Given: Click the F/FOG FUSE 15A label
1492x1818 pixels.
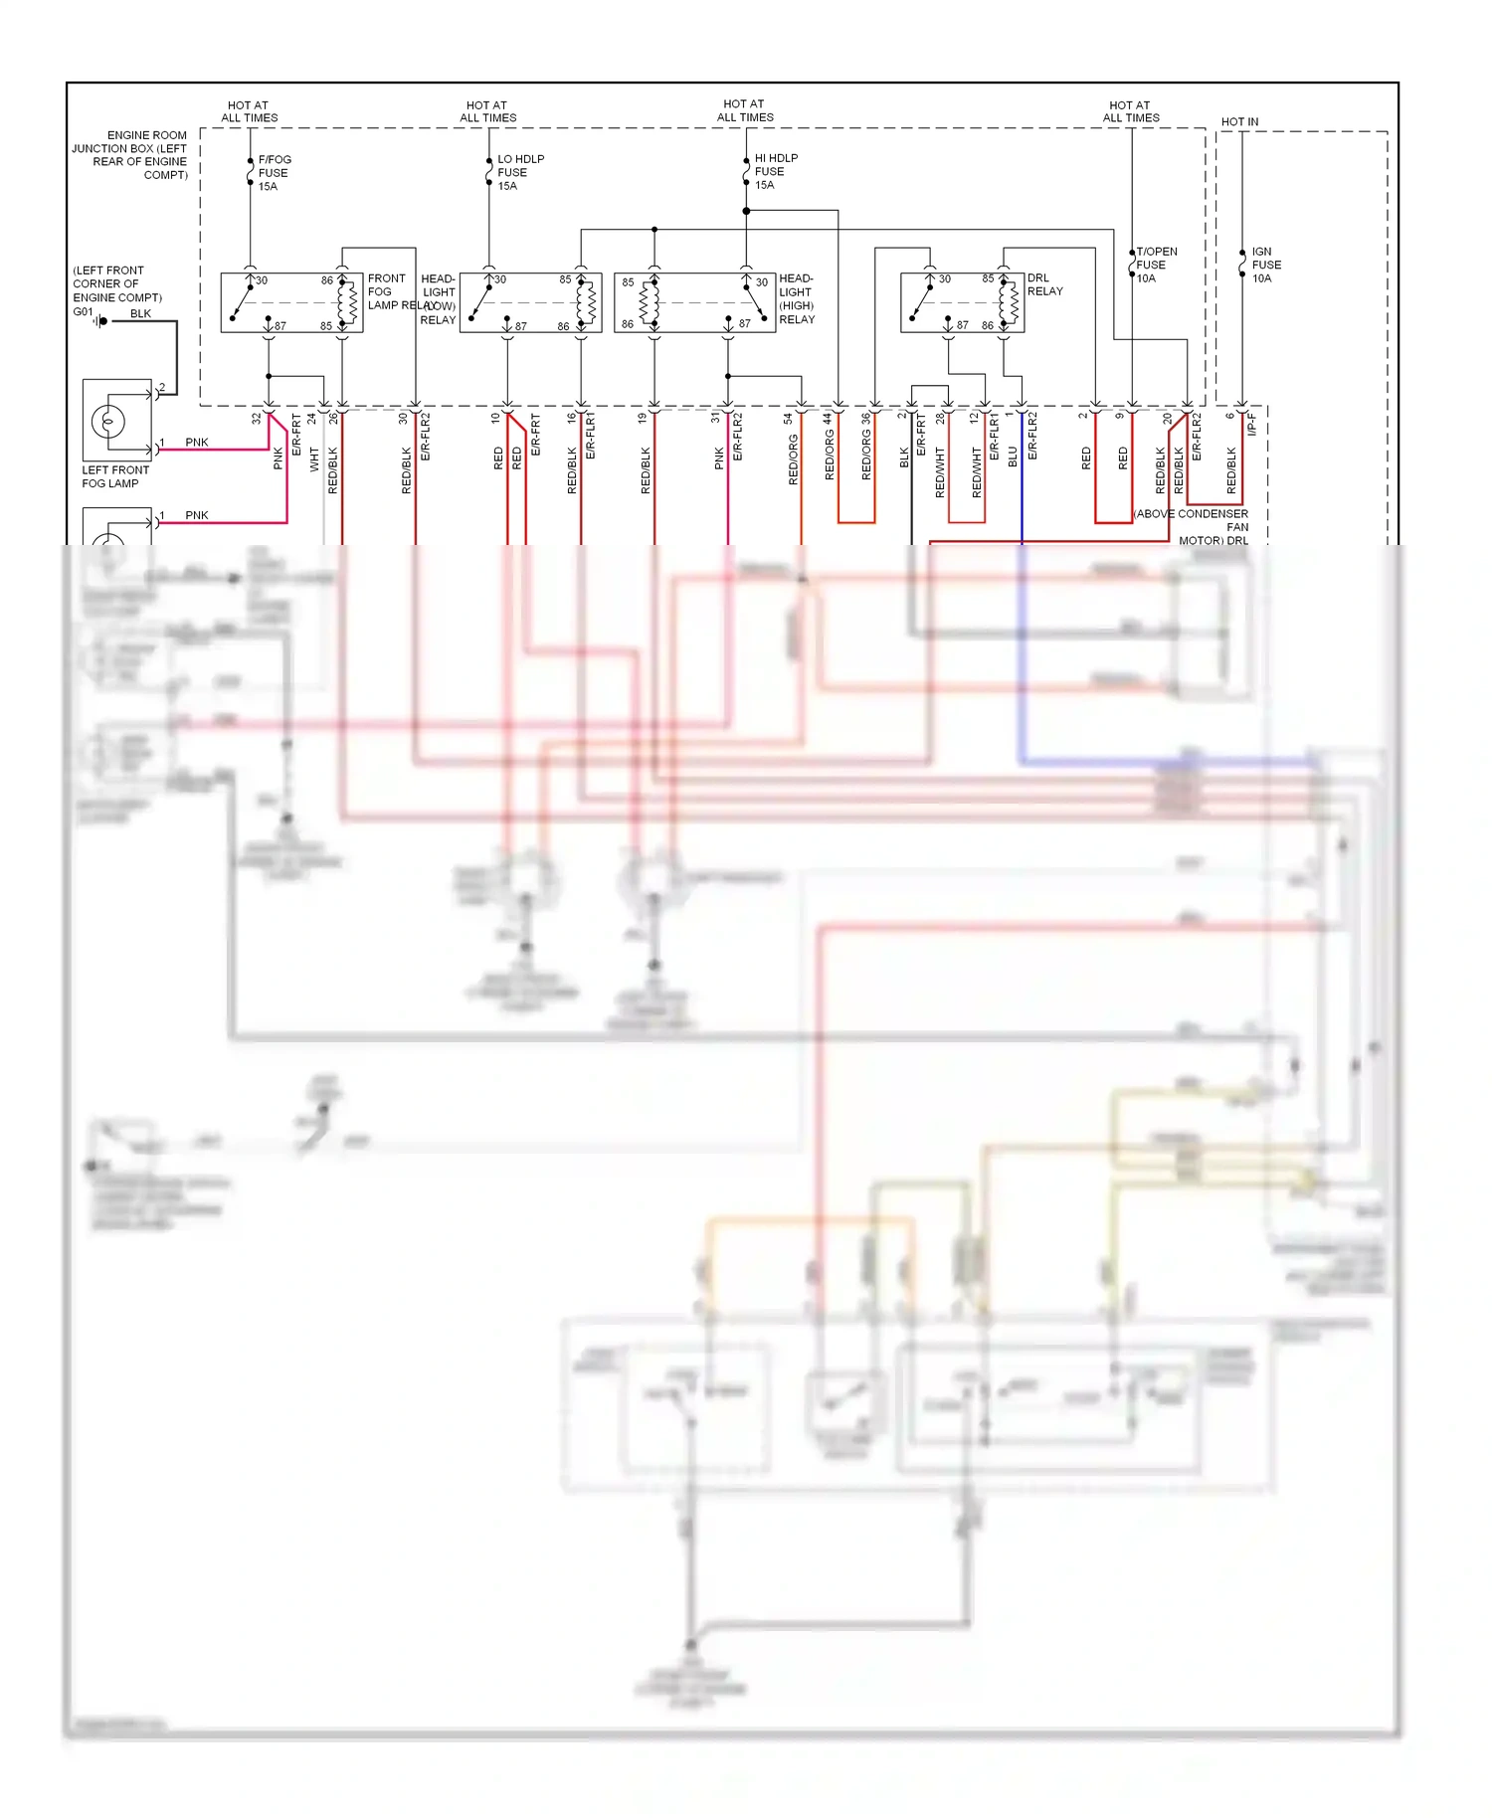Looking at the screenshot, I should pyautogui.click(x=274, y=173).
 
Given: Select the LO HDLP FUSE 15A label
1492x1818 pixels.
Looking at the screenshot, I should pyautogui.click(x=519, y=172).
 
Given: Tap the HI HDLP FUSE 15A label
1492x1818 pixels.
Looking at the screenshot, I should pyautogui.click(x=775, y=171).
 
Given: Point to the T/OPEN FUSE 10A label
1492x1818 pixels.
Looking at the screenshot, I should pyautogui.click(x=1156, y=265).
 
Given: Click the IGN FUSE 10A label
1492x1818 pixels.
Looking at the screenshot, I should pyautogui.click(x=1265, y=265).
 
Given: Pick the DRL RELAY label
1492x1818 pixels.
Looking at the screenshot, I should pyautogui.click(x=1044, y=284).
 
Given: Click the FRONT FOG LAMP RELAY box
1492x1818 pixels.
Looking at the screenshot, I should pyautogui.click(x=291, y=302).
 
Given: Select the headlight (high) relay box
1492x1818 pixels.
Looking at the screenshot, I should pyautogui.click(x=694, y=302).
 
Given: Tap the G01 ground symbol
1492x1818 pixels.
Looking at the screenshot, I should pyautogui.click(x=100, y=320).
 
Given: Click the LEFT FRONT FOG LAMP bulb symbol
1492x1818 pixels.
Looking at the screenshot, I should pyautogui.click(x=107, y=422).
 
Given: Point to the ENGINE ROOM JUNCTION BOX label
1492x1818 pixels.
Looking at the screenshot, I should pyautogui.click(x=130, y=154).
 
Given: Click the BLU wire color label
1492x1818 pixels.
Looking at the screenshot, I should pyautogui.click(x=1013, y=455).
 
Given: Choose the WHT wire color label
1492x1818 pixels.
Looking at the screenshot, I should pyautogui.click(x=314, y=458).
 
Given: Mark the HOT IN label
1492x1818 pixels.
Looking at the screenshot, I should pyautogui.click(x=1239, y=121).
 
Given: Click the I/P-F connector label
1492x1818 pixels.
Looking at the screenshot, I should pyautogui.click(x=1252, y=425).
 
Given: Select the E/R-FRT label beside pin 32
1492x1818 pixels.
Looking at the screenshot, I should pyautogui.click(x=296, y=436).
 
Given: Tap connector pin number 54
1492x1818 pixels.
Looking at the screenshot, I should pyautogui.click(x=788, y=419).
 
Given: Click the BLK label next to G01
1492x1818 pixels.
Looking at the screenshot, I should pyautogui.click(x=140, y=313).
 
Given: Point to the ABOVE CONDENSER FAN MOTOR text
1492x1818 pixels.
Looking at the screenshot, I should pyautogui.click(x=1192, y=527).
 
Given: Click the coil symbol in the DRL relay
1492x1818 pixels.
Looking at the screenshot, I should pyautogui.click(x=1010, y=302).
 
